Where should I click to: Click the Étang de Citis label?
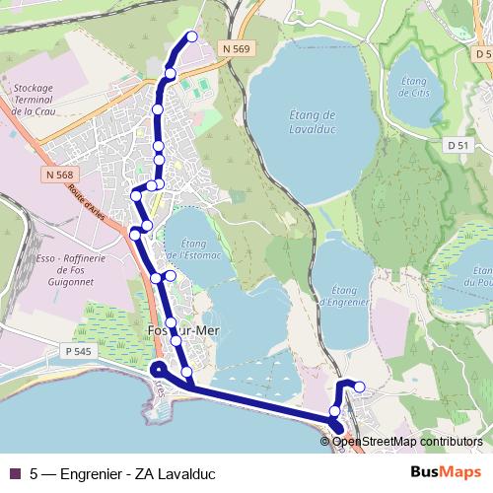(x=414, y=87)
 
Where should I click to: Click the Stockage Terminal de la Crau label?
(x=39, y=100)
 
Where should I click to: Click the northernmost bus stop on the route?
(x=191, y=36)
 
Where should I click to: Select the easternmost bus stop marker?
(x=359, y=387)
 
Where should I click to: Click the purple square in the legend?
(x=14, y=471)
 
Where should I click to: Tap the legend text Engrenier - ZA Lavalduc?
(x=137, y=471)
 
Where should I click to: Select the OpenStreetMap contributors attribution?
(x=407, y=442)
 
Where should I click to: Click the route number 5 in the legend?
(x=35, y=471)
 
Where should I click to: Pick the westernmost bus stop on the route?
(x=135, y=234)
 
